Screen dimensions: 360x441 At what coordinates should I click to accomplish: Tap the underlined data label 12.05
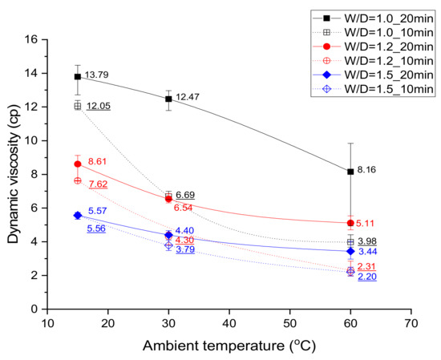click(x=100, y=106)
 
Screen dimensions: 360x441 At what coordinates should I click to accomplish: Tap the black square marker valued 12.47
click(x=168, y=99)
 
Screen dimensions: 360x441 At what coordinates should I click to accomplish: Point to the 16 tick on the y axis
click(x=33, y=38)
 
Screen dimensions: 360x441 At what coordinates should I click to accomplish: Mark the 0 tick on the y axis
click(x=36, y=309)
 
